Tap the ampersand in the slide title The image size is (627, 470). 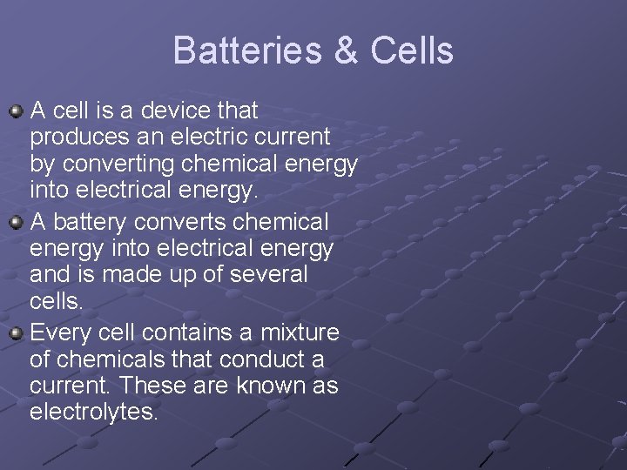pyautogui.click(x=346, y=50)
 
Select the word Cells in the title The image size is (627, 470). pyautogui.click(x=411, y=50)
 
